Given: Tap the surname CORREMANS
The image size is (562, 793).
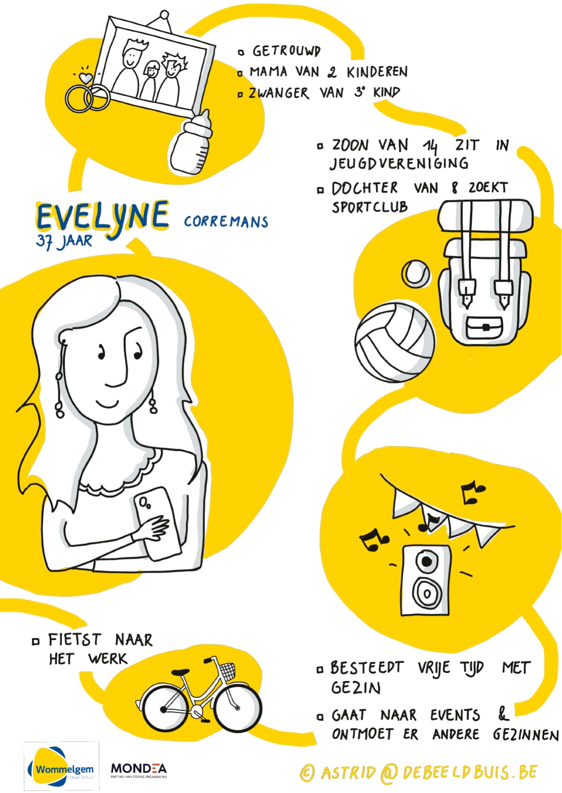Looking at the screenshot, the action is click(x=226, y=222).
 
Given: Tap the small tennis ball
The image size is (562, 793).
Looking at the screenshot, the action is click(x=416, y=273).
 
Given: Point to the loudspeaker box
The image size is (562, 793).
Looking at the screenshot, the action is click(x=427, y=581).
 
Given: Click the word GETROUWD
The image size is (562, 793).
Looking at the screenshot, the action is click(x=286, y=51).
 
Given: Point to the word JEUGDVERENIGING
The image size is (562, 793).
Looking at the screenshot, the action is click(x=399, y=164).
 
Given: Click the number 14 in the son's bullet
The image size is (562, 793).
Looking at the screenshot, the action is click(x=430, y=146).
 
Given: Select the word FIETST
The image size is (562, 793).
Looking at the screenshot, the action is click(x=75, y=640).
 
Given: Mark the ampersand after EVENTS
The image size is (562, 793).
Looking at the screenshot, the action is click(x=503, y=713).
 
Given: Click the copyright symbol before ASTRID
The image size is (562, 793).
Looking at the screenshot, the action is click(x=307, y=773).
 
